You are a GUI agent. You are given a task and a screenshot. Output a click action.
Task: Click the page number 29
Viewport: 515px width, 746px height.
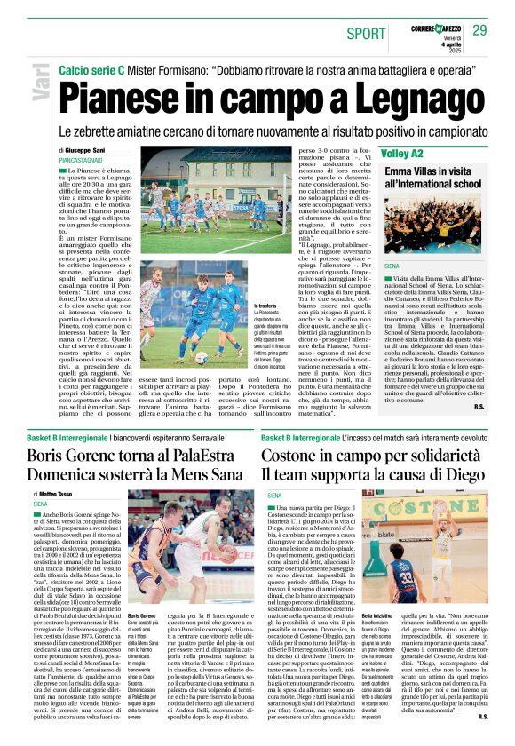pyautogui.click(x=479, y=30)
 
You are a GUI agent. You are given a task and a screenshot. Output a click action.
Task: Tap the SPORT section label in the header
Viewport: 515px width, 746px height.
pyautogui.click(x=367, y=33)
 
